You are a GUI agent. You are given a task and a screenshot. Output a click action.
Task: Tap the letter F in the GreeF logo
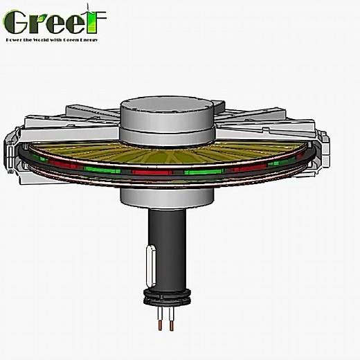click(x=97, y=21)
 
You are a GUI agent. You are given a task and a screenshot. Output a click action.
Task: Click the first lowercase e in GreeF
click(x=57, y=25)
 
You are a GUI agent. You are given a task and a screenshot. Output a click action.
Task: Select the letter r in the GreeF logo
click(x=39, y=25)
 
